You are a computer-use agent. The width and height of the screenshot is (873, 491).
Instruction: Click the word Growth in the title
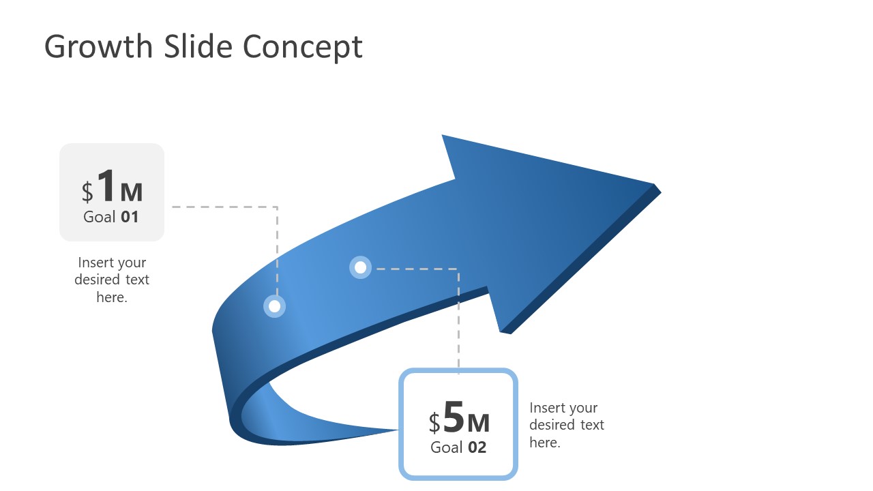click(x=98, y=47)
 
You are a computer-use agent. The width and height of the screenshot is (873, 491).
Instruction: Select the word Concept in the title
click(x=302, y=48)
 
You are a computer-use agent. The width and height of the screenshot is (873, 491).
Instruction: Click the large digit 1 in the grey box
click(x=106, y=186)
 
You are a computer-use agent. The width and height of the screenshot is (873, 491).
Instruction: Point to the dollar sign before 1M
click(x=87, y=192)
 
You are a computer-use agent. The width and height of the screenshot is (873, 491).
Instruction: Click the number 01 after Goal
click(x=130, y=218)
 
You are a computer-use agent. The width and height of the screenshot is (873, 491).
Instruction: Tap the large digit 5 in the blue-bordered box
click(x=454, y=417)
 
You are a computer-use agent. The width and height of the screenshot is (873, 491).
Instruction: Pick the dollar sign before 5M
click(x=434, y=423)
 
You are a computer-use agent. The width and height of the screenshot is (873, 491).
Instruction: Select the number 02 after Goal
click(x=477, y=447)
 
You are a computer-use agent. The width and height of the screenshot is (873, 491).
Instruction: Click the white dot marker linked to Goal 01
click(x=274, y=306)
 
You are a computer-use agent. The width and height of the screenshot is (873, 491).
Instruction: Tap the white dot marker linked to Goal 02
click(x=361, y=267)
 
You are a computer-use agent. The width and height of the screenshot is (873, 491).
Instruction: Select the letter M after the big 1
click(x=132, y=192)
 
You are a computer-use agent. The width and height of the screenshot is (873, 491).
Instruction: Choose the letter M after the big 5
click(x=479, y=423)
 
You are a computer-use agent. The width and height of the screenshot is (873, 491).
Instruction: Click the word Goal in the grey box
click(x=100, y=218)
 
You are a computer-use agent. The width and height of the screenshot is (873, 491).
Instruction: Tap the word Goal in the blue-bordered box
click(x=447, y=447)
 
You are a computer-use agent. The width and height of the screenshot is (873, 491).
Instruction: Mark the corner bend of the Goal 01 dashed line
click(x=277, y=207)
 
